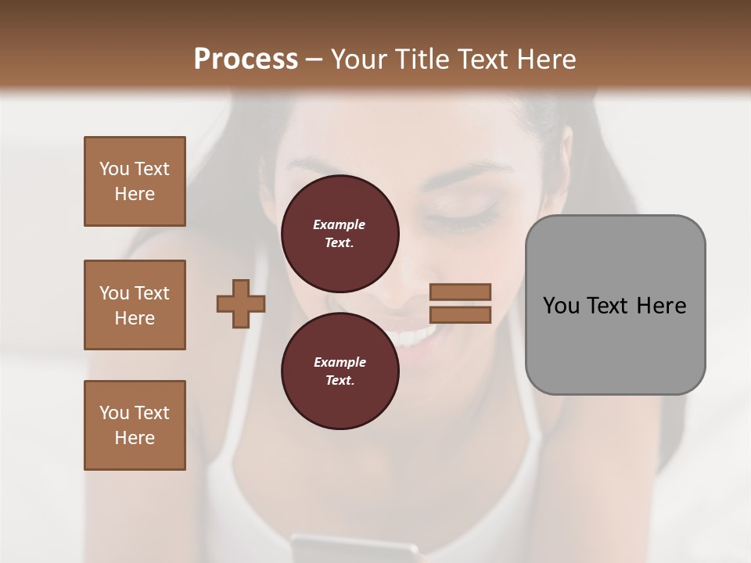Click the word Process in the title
[246, 59]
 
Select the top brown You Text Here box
[135, 181]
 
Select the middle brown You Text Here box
[135, 305]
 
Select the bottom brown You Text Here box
[135, 425]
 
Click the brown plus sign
[241, 304]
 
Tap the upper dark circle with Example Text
[340, 233]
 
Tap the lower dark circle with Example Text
[340, 371]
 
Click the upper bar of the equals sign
[460, 292]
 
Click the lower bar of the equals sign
[460, 314]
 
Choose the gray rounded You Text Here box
[615, 304]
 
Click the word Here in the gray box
[661, 306]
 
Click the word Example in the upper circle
[340, 224]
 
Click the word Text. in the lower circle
[340, 381]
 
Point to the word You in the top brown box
[114, 169]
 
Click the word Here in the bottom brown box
[135, 438]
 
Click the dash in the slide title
[314, 59]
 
